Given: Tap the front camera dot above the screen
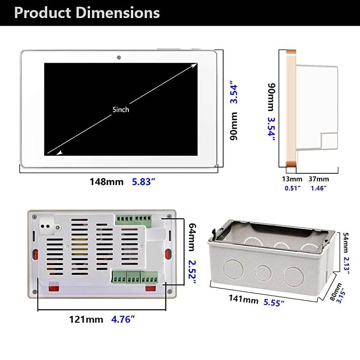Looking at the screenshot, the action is coord(119,58).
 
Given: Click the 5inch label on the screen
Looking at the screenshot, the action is coord(121,109).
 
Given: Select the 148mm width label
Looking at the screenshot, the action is coord(106,182).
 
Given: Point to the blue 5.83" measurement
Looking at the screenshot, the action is coord(144,182).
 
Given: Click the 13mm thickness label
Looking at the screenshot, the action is coord(292,179).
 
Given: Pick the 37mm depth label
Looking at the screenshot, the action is coord(319,179).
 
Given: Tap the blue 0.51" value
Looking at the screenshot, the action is coord(292,188).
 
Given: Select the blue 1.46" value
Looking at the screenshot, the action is coord(319,188).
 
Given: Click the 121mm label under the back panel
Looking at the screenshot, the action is coord(86,319).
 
